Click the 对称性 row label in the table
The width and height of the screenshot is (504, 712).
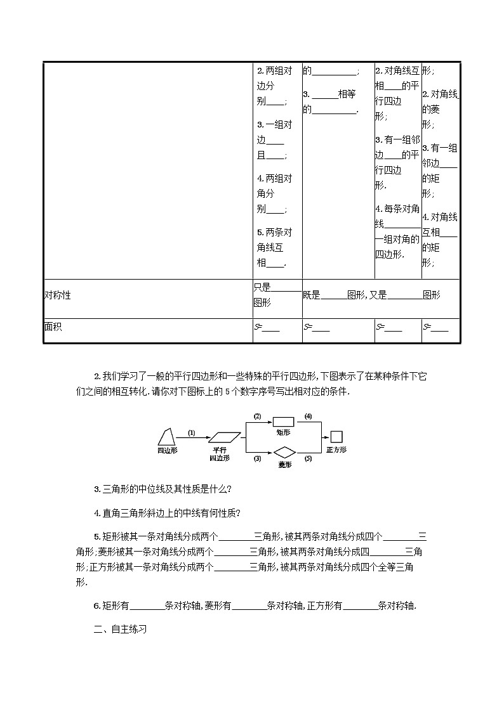pos(57,295)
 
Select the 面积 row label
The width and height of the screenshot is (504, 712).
pos(53,327)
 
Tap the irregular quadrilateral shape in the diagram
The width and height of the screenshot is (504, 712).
pos(167,437)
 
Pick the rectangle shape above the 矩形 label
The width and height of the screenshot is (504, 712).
pos(282,421)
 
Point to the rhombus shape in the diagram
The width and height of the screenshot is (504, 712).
pos(284,452)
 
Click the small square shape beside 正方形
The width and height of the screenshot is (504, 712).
pos(336,437)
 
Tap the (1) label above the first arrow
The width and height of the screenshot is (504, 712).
pos(192,433)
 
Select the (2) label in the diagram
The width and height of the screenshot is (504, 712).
pos(258,417)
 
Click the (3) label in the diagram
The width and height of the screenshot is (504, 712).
pos(258,458)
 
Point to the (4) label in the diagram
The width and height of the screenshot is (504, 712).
pos(308,417)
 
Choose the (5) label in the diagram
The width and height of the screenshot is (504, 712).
pos(308,458)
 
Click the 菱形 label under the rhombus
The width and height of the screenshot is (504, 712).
pos(284,465)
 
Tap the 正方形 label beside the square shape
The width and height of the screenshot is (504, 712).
pos(336,449)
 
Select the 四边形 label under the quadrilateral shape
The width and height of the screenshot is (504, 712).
pos(167,450)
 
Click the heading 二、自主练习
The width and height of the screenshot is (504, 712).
pos(120,630)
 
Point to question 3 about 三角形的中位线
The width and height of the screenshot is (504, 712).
pos(162,489)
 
